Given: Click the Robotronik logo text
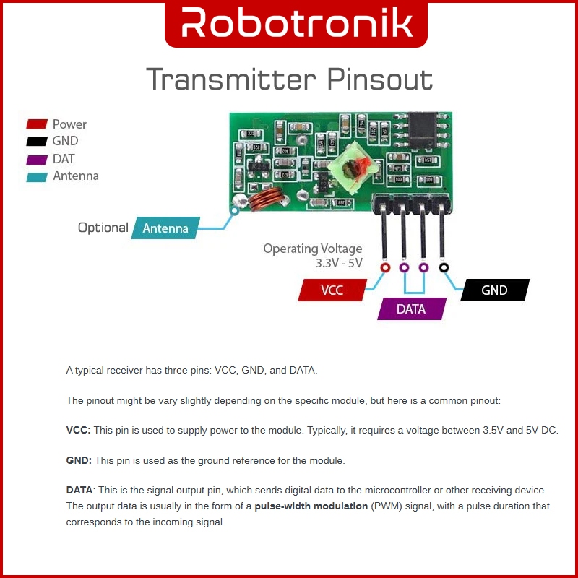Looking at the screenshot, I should pyautogui.click(x=296, y=23).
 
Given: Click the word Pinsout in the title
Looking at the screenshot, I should pyautogui.click(x=380, y=79).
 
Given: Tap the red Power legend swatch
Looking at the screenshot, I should pyautogui.click(x=37, y=124).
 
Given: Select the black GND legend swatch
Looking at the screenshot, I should pyautogui.click(x=37, y=142).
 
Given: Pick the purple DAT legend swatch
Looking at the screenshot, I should pyautogui.click(x=37, y=159).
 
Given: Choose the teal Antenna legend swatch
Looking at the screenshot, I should pyautogui.click(x=37, y=176).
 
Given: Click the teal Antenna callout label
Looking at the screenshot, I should pyautogui.click(x=165, y=228).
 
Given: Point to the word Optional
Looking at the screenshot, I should pyautogui.click(x=103, y=228).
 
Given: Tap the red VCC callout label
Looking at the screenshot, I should pyautogui.click(x=332, y=290).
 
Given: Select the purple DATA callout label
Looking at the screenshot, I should pyautogui.click(x=411, y=309).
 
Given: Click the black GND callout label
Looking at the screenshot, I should pyautogui.click(x=494, y=290).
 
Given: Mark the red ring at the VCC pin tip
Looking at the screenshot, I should pyautogui.click(x=384, y=268).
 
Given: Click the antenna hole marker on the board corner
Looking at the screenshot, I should pyautogui.click(x=234, y=211).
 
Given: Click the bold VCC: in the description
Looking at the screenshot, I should pyautogui.click(x=78, y=430).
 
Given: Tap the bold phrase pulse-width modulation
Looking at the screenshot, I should pyautogui.click(x=311, y=506).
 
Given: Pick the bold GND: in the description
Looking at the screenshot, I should pyautogui.click(x=79, y=460).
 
